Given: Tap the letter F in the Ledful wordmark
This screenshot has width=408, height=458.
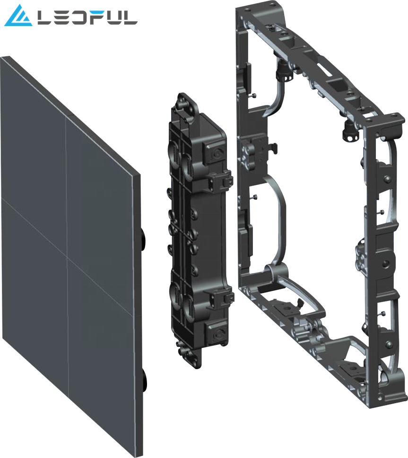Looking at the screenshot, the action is coord(94,18).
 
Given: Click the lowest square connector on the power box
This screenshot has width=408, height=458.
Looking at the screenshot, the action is coord(216,332).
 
